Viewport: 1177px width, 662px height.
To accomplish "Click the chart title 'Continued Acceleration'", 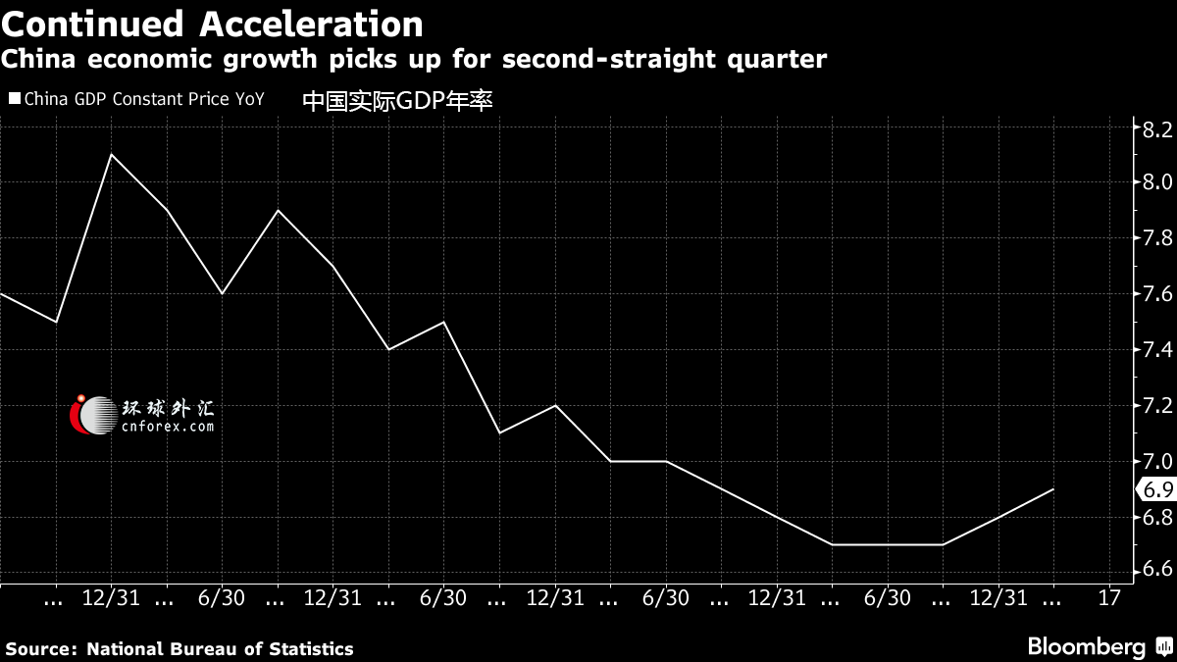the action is point(212,25).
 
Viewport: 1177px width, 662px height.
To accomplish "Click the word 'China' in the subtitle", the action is point(38,59).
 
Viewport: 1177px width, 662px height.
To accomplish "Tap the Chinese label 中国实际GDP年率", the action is point(397,101).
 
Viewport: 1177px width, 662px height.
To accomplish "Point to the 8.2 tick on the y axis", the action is point(1157,129).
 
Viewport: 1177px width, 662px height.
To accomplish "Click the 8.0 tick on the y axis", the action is point(1157,181).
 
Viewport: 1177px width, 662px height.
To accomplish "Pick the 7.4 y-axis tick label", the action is point(1157,349).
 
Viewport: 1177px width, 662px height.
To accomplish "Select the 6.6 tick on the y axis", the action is point(1157,569).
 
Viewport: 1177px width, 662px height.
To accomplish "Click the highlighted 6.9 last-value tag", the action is point(1157,489).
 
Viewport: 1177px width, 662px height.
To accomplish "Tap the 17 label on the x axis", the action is point(1109,598).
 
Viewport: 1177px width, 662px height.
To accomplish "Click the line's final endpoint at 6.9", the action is point(1053,489).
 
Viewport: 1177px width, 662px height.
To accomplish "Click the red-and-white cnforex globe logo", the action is point(93,415).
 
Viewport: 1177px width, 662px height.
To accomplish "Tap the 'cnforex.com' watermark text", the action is point(168,426).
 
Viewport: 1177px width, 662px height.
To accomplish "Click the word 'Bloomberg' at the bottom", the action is point(1087,647).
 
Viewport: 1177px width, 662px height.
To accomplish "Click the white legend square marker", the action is point(15,98).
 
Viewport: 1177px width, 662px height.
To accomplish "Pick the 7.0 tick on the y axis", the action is point(1157,461).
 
